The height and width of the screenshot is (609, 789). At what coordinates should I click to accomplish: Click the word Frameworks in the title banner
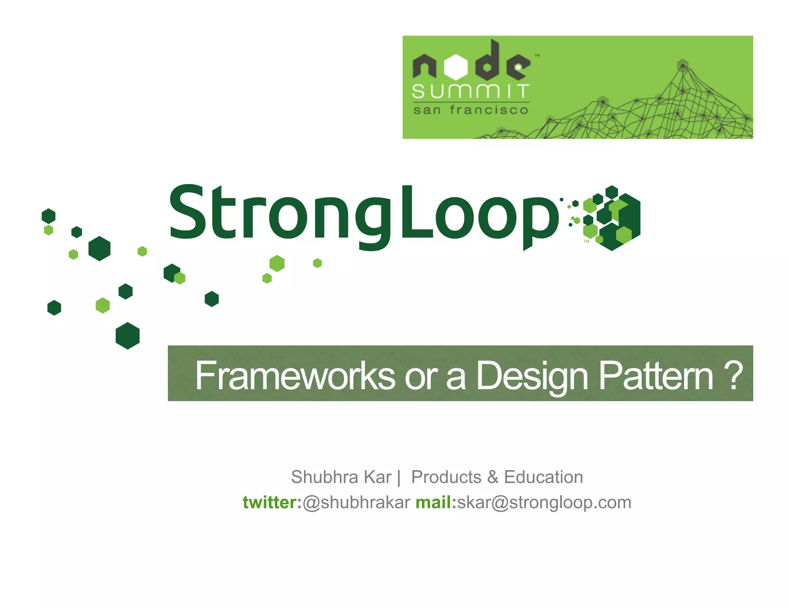click(295, 376)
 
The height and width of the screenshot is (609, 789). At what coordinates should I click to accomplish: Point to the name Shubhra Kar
click(341, 477)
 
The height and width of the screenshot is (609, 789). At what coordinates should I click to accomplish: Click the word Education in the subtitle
click(543, 477)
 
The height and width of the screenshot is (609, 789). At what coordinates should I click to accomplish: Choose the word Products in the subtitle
click(446, 477)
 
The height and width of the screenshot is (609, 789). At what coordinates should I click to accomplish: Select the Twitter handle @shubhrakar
click(356, 502)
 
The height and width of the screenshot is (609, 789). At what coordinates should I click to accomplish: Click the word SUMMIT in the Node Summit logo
click(470, 92)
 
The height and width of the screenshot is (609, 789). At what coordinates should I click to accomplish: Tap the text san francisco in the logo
click(470, 110)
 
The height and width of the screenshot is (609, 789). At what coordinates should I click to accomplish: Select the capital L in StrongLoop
click(416, 212)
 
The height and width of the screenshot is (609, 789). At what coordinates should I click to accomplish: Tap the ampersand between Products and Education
click(492, 477)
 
